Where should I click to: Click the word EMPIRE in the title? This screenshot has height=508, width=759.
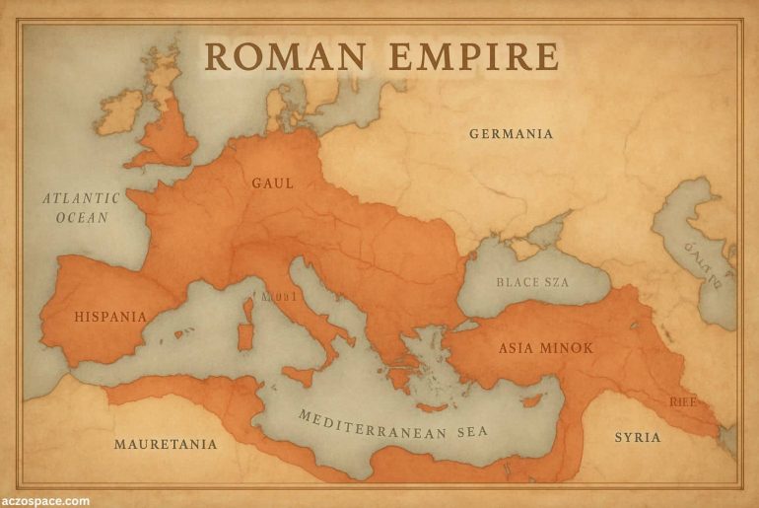pyautogui.click(x=473, y=56)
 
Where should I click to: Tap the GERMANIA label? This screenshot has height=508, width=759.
pyautogui.click(x=511, y=134)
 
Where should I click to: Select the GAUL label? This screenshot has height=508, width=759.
pyautogui.click(x=273, y=183)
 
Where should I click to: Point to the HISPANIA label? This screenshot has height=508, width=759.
pyautogui.click(x=110, y=317)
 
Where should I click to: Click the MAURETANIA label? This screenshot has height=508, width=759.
pyautogui.click(x=166, y=444)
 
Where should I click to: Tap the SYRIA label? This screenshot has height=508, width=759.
pyautogui.click(x=638, y=437)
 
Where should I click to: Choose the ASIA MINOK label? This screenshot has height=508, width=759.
pyautogui.click(x=545, y=348)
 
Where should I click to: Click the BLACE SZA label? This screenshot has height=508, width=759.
pyautogui.click(x=532, y=282)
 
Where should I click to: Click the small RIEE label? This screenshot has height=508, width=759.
pyautogui.click(x=682, y=401)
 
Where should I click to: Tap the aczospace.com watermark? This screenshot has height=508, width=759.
pyautogui.click(x=45, y=501)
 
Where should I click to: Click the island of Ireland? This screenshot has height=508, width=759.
pyautogui.click(x=121, y=111)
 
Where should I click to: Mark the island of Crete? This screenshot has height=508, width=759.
pyautogui.click(x=432, y=406)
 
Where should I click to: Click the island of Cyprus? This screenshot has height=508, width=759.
pyautogui.click(x=533, y=399)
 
